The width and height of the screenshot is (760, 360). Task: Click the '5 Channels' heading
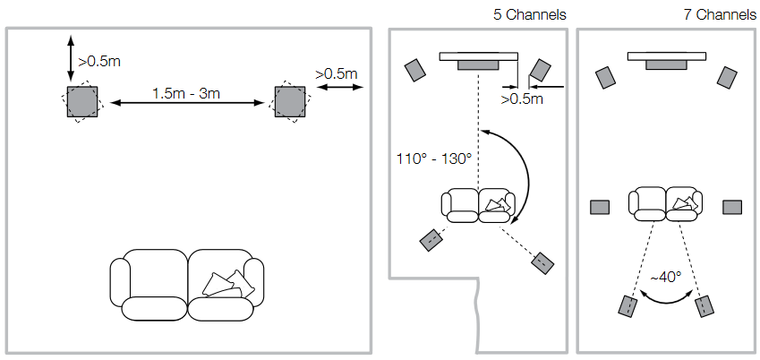530,14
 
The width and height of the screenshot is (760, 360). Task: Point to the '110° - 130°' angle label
433,159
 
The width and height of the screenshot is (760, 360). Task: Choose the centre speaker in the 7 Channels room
666,64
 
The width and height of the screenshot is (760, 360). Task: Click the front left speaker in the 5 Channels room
415,70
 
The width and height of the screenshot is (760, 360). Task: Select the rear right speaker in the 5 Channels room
543,262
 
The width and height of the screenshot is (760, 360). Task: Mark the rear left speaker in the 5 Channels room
431,239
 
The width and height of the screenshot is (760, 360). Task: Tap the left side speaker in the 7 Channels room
600,208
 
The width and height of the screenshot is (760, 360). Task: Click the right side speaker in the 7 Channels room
733,208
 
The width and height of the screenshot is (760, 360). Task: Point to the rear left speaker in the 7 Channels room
627,304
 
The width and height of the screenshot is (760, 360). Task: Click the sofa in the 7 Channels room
665,203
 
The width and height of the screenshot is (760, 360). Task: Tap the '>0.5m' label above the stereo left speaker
98,63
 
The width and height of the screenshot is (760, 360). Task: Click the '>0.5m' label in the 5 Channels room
522,99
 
